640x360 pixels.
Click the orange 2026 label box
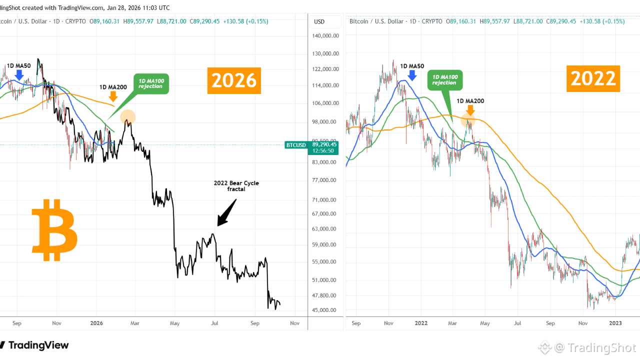coord(234,80)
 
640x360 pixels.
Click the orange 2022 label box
coord(593,79)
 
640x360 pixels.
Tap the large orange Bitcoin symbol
coord(54,230)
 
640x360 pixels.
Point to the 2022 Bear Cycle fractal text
coord(236,186)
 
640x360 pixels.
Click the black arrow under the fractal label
coord(226,213)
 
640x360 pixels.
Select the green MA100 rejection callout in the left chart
coord(150,83)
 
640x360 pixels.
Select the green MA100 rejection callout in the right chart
coord(444,80)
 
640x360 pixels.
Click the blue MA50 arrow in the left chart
coord(19,75)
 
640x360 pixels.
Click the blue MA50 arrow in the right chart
coord(412,75)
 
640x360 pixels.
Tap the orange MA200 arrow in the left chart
coord(113,96)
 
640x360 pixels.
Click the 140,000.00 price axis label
coord(326,36)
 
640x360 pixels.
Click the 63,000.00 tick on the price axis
coord(326,229)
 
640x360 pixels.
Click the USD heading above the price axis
coord(319,21)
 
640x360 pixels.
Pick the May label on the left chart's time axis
coord(175,323)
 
